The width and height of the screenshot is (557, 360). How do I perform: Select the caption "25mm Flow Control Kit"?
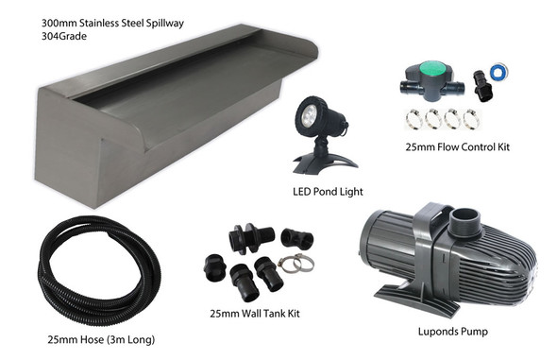[x=453, y=147]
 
